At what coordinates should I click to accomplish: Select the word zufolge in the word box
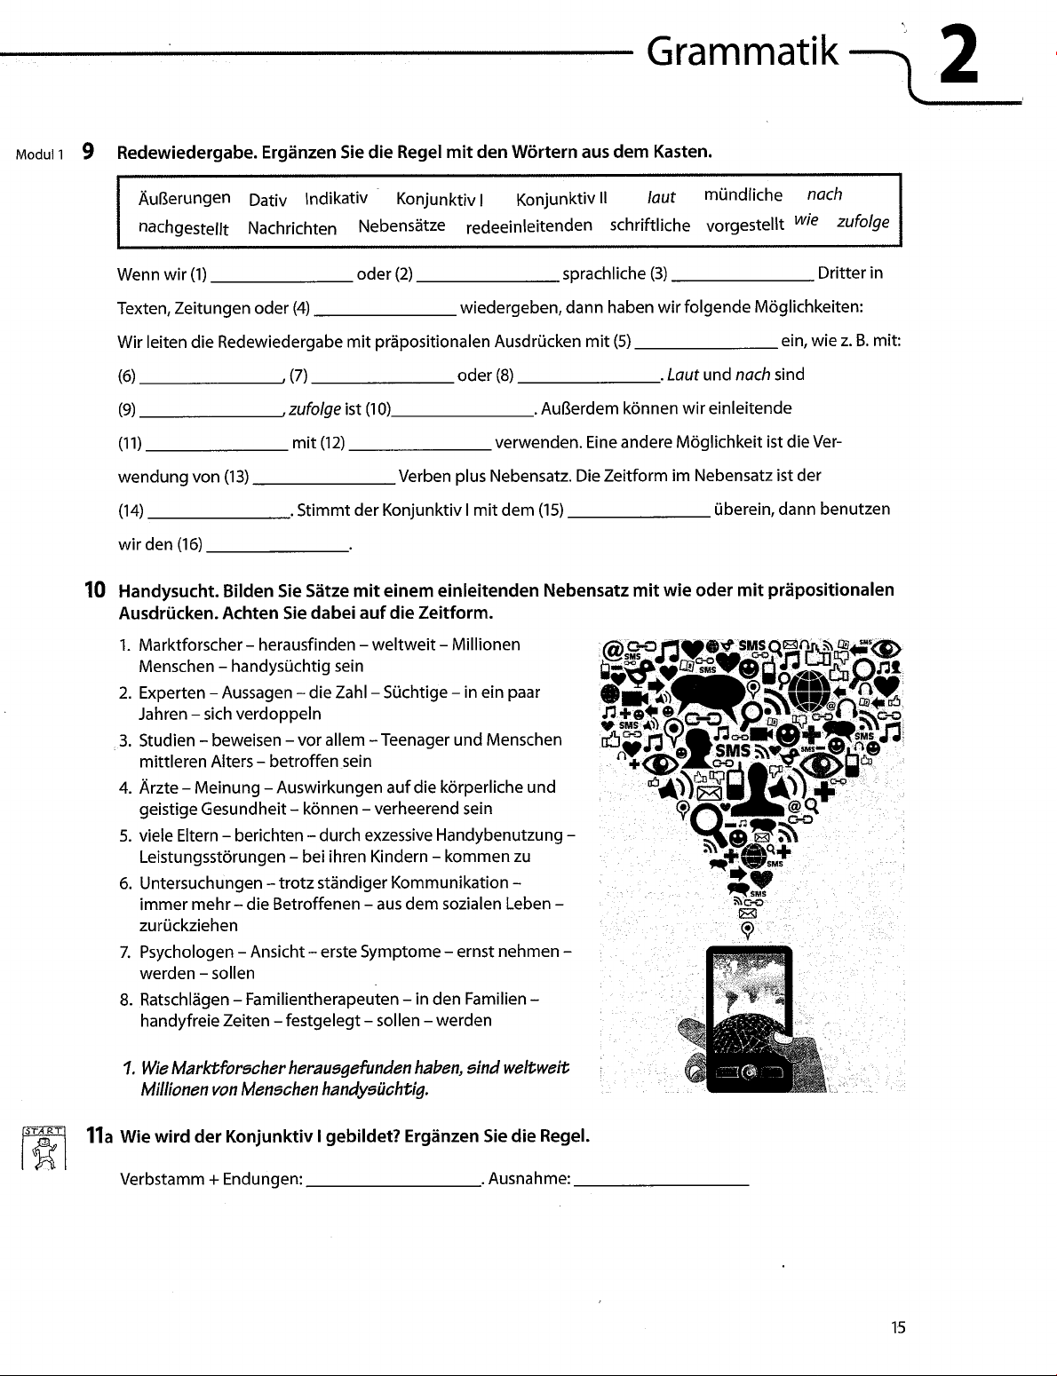coord(862,222)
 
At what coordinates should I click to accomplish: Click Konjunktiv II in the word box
coord(560,198)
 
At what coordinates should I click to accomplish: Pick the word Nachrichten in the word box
coord(292,228)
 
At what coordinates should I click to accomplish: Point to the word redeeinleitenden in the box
coord(528,225)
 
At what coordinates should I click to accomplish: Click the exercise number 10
coord(95,589)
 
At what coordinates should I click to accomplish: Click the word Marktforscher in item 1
coord(190,645)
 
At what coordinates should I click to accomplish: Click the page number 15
coord(898,1328)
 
